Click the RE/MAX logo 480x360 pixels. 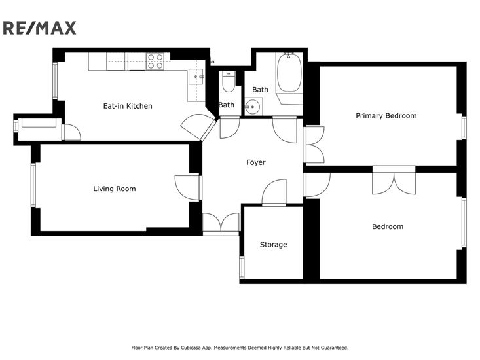coord(39,28)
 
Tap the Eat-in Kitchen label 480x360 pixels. coord(128,106)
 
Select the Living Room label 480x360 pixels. coord(115,189)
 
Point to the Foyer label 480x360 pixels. coord(256,162)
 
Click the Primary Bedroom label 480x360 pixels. coord(386,116)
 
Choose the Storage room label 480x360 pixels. coord(273,245)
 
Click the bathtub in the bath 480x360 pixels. coord(289,72)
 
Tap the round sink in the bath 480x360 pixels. coord(253,107)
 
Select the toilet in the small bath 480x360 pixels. coord(229,82)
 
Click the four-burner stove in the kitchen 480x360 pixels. coord(155,61)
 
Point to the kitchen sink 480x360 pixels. coord(196,77)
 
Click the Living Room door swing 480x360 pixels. coord(187,188)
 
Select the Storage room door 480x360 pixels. coord(274,192)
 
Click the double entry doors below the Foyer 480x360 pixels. coord(221,223)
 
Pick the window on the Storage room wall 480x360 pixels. coord(242,267)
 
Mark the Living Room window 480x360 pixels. coord(33,185)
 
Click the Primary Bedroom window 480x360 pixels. coord(464,128)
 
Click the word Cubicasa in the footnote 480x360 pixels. coord(191,348)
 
